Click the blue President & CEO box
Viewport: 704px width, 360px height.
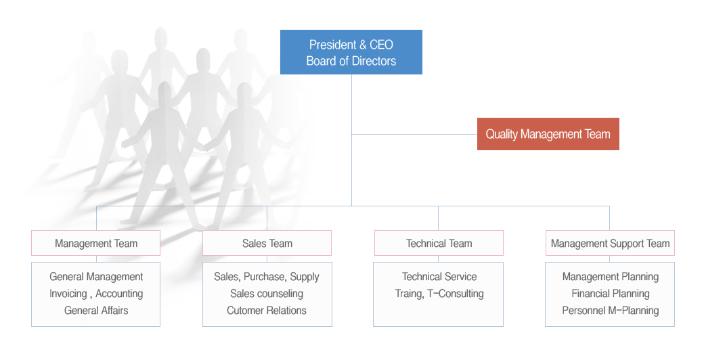pyautogui.click(x=351, y=52)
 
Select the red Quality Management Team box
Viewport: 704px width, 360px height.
pyautogui.click(x=548, y=134)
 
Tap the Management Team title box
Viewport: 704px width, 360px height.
pyautogui.click(x=95, y=244)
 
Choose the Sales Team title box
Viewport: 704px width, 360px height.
pyautogui.click(x=267, y=244)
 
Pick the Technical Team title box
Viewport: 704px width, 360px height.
pyautogui.click(x=439, y=244)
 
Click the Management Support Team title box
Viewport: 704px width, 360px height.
pyautogui.click(x=610, y=244)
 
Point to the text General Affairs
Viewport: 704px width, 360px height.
pyautogui.click(x=96, y=310)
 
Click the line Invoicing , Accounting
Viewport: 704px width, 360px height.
pyautogui.click(x=96, y=294)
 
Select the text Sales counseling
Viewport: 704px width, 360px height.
pyautogui.click(x=267, y=294)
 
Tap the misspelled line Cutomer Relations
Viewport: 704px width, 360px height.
pyautogui.click(x=267, y=310)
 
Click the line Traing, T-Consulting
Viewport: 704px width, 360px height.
pyautogui.click(x=439, y=294)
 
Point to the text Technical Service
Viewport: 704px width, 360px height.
pyautogui.click(x=439, y=277)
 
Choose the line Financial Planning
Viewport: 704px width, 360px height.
pyautogui.click(x=611, y=294)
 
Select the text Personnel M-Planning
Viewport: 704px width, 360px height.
pyautogui.click(x=611, y=310)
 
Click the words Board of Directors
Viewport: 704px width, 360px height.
pyautogui.click(x=351, y=61)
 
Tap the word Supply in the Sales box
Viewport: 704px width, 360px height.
pyautogui.click(x=305, y=277)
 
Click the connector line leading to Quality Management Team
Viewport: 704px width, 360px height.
pyautogui.click(x=414, y=134)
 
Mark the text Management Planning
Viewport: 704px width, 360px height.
pyautogui.click(x=611, y=277)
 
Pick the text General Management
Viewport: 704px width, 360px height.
pyautogui.click(x=96, y=277)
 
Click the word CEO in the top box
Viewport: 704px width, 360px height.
pyautogui.click(x=381, y=45)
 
